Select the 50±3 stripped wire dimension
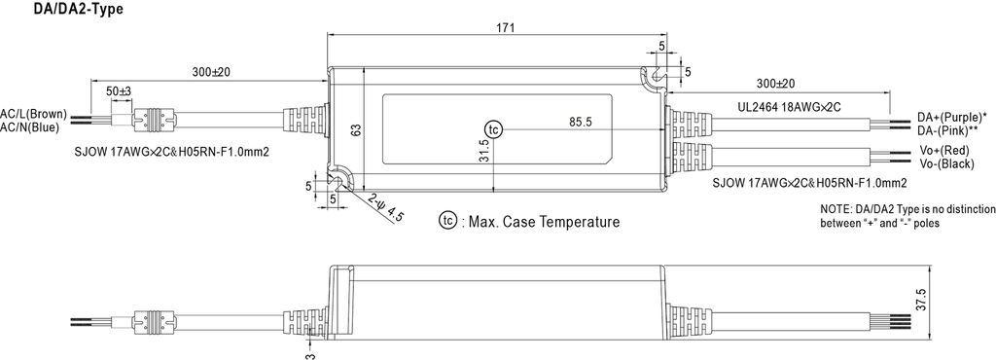119,90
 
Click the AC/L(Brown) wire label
33,113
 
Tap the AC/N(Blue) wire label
31,127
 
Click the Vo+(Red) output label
943,151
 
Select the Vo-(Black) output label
946,165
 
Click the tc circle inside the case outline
496,129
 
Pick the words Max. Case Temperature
544,222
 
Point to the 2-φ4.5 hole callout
387,208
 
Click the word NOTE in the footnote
835,209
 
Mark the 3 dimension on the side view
309,353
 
